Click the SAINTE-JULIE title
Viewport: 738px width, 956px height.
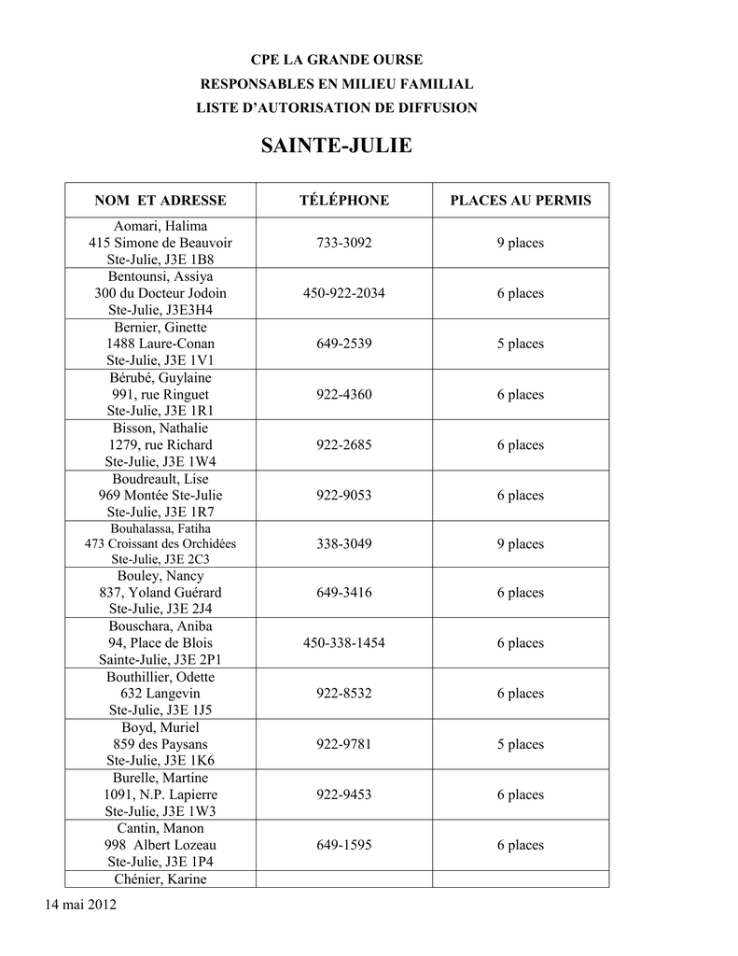coord(336,147)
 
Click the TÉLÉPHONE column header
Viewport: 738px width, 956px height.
coord(344,201)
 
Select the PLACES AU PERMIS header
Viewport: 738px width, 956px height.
coord(521,201)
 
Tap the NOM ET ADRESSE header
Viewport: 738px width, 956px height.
coord(160,201)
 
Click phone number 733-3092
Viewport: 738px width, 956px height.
coord(344,243)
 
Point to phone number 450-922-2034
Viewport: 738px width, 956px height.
coord(344,293)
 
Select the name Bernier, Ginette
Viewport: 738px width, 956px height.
coord(160,328)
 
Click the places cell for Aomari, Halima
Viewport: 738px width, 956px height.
coord(521,243)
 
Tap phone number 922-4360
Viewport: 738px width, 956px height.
coord(344,394)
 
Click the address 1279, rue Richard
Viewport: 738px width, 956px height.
coord(160,444)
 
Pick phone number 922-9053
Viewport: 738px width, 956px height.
coord(344,495)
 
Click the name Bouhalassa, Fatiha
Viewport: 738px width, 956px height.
coord(160,528)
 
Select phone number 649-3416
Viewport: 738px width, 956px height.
coord(344,593)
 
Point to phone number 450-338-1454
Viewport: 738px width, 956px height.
coord(344,643)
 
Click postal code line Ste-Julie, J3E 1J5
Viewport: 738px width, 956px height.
coord(160,710)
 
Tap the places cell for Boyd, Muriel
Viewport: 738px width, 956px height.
coord(521,744)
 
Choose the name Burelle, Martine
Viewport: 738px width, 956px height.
coord(160,778)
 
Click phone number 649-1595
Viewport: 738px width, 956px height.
coord(344,845)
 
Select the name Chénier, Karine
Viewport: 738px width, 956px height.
coord(160,879)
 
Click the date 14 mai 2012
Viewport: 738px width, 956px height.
coord(80,906)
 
